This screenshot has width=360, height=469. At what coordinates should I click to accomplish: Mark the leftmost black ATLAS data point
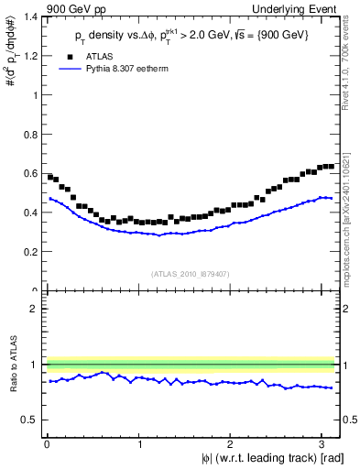[50, 177]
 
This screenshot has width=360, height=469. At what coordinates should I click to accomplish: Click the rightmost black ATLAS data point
[331, 166]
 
